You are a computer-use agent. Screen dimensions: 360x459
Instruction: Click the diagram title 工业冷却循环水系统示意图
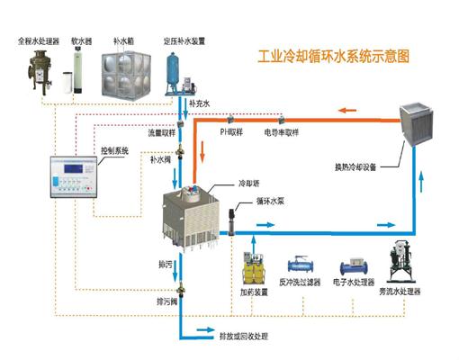pos(333,55)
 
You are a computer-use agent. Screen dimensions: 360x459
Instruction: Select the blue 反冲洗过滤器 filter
pos(300,268)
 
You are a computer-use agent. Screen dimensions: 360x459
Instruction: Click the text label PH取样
pos(233,131)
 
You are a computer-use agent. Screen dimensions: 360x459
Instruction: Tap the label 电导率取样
pos(282,131)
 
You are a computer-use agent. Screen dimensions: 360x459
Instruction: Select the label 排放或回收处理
pos(244,336)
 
